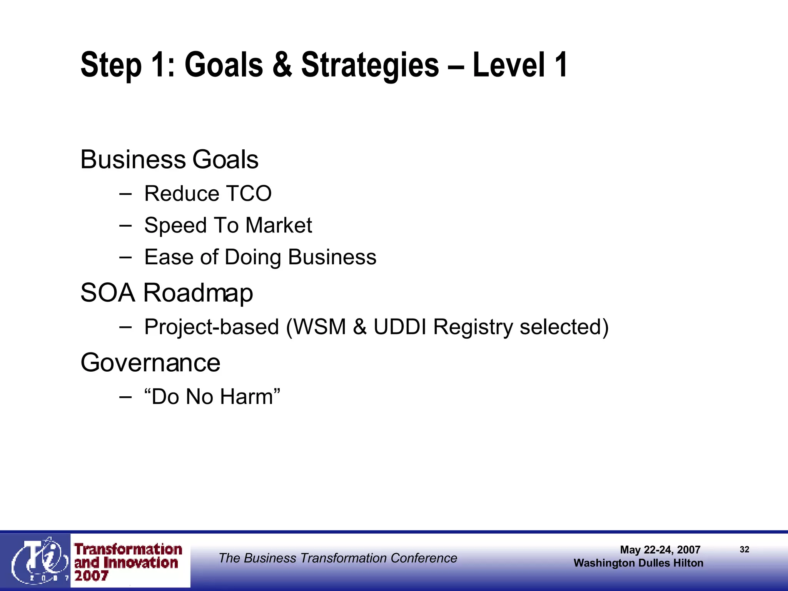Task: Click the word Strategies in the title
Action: [x=369, y=65]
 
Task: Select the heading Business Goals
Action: [x=169, y=159]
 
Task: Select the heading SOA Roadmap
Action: [x=167, y=293]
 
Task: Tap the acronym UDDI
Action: [x=399, y=327]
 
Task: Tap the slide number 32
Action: [x=744, y=549]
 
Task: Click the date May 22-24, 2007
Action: [x=660, y=550]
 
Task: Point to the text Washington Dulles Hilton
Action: [x=638, y=563]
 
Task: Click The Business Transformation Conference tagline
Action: [x=338, y=558]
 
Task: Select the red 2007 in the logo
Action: [x=91, y=576]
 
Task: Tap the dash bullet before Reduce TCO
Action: [x=125, y=193]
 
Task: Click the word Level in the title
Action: [x=508, y=65]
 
